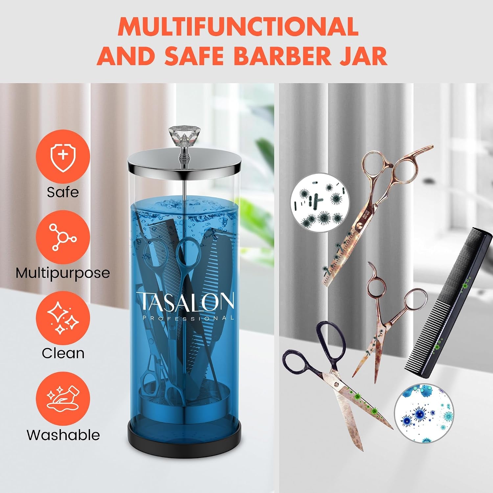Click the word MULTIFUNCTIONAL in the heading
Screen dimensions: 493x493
point(238,26)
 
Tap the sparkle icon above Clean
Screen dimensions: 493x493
point(63,318)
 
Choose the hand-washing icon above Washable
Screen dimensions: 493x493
point(63,399)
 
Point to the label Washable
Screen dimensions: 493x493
point(63,435)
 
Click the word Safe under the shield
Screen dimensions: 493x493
point(63,192)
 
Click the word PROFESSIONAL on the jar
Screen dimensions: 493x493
point(188,318)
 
